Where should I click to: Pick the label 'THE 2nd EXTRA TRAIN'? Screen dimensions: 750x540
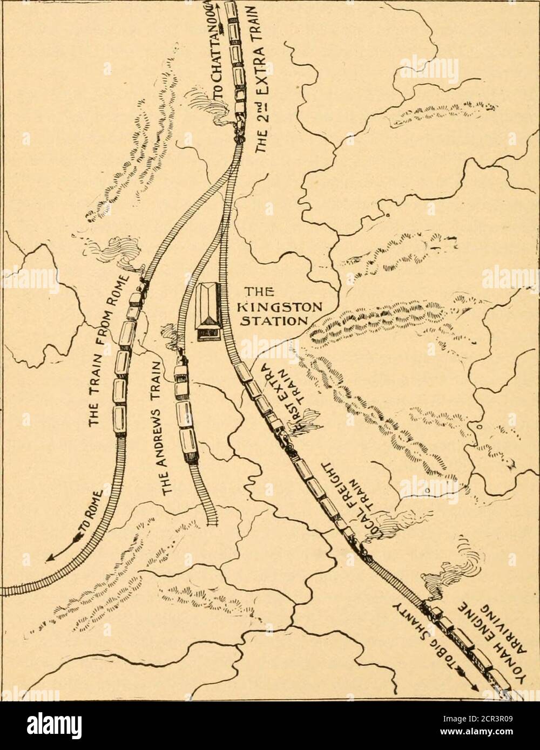258,81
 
